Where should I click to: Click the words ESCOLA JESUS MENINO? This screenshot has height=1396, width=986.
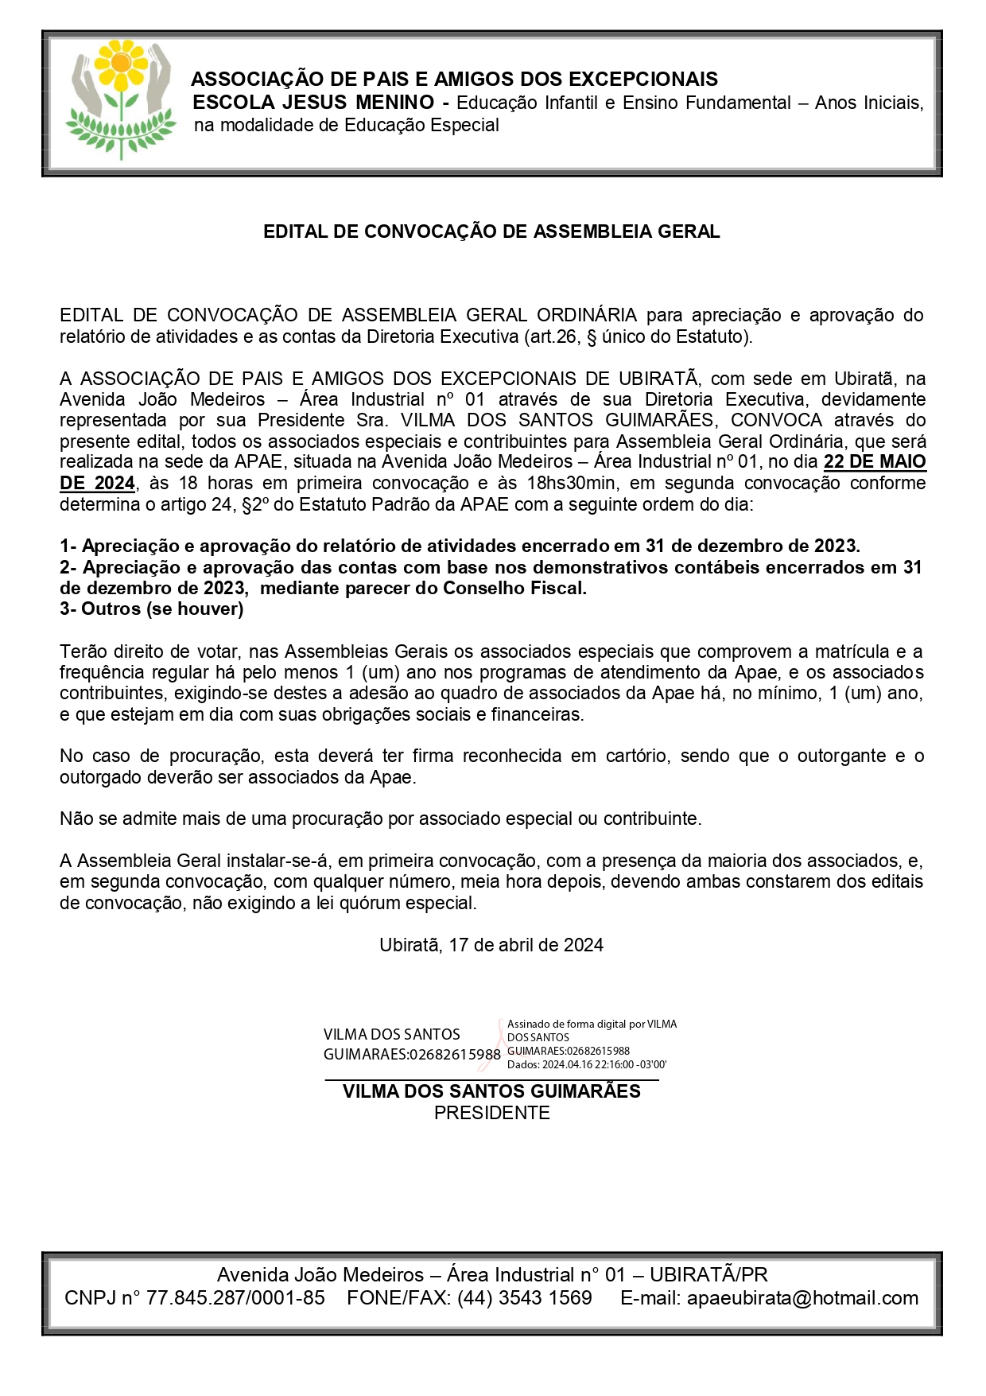[x=313, y=103]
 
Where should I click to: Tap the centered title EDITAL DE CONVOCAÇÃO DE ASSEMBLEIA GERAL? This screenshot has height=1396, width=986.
[x=491, y=231]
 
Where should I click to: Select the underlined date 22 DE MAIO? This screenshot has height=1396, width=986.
[x=875, y=462]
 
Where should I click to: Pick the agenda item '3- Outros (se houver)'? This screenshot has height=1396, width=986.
[x=152, y=609]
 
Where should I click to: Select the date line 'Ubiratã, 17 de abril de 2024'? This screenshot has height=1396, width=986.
[x=491, y=945]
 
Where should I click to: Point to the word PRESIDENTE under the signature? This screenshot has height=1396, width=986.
[x=491, y=1113]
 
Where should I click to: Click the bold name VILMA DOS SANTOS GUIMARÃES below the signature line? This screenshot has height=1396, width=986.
[x=491, y=1091]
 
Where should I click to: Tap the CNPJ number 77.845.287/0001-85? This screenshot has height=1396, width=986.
[x=235, y=1298]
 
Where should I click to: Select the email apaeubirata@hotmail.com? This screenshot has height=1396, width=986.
[x=802, y=1298]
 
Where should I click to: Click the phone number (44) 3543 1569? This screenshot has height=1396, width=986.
[x=524, y=1298]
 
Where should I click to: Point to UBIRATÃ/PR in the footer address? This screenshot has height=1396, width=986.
[x=708, y=1275]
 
